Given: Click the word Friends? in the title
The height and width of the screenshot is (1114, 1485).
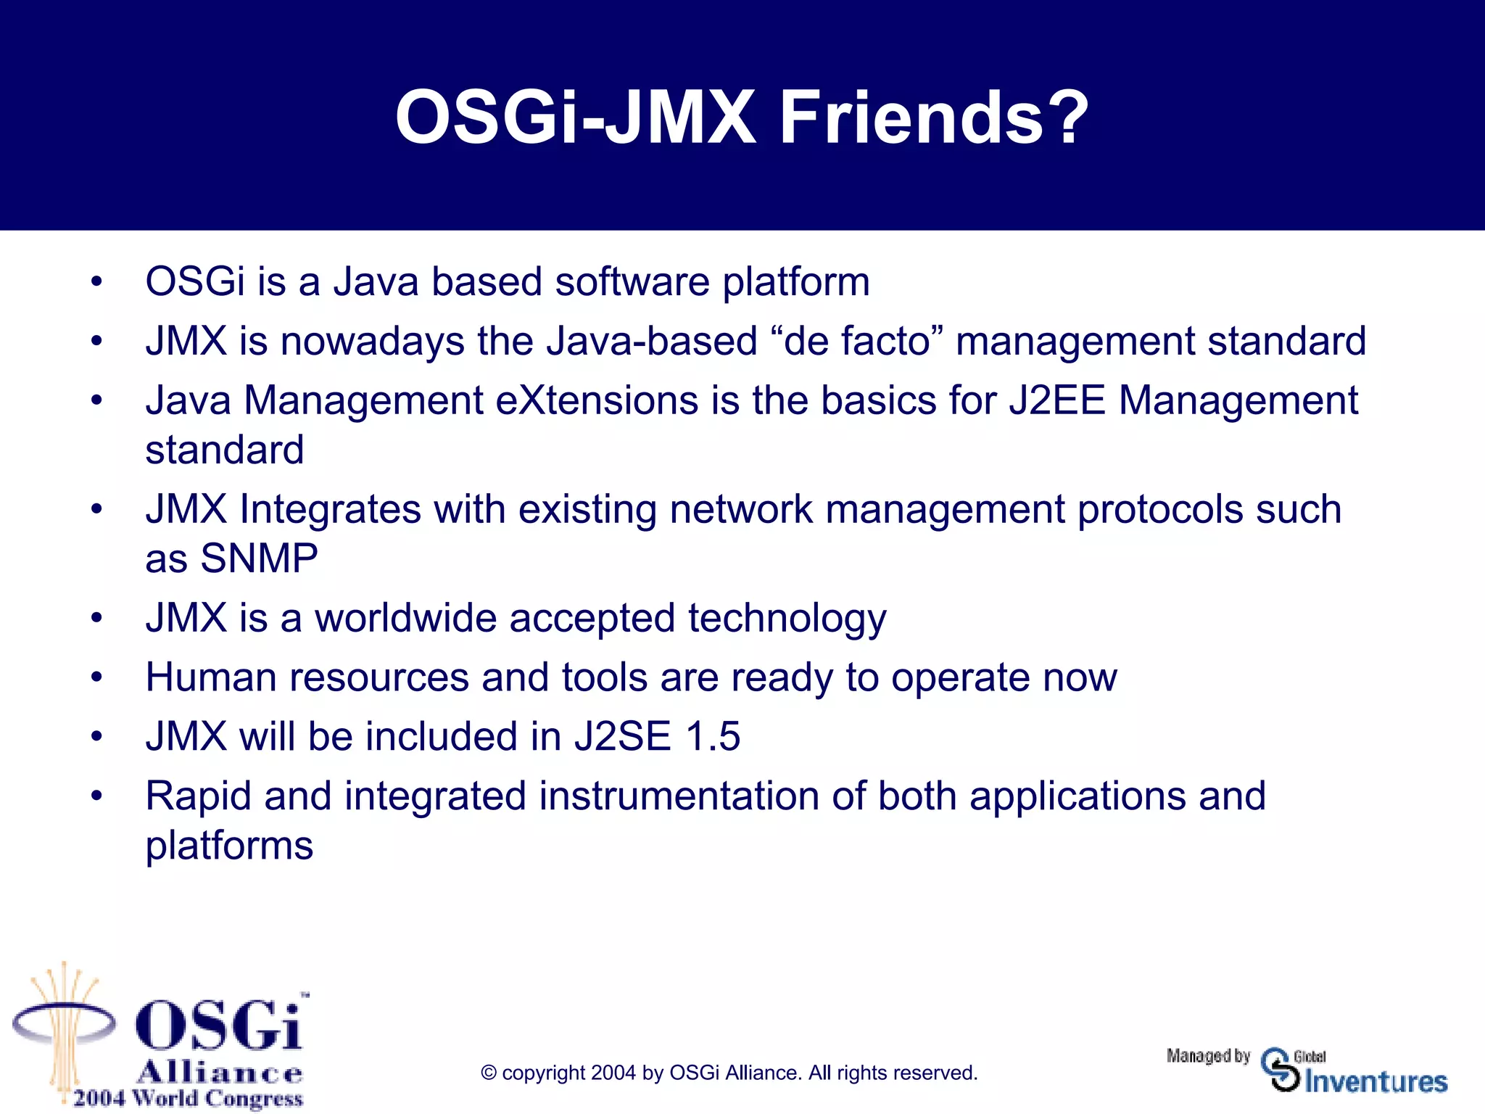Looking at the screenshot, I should coord(933,117).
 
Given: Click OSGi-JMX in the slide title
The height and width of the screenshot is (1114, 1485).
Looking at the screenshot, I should coord(575,117).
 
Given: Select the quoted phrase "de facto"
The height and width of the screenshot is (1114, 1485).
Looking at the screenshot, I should coord(856,341).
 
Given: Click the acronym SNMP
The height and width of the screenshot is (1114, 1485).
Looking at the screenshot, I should coord(259,558).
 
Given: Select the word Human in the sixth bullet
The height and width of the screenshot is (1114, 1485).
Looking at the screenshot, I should coord(211,677).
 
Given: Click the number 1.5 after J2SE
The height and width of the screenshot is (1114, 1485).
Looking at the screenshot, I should coord(712,737).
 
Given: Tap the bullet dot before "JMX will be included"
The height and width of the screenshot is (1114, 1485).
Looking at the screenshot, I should coord(97,738).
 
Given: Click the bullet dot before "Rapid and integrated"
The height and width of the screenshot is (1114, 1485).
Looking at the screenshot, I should coord(97,797).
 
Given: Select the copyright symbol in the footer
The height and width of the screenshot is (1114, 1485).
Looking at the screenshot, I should coord(489,1073).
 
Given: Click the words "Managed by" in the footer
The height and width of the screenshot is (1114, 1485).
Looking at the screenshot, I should coord(1208,1056).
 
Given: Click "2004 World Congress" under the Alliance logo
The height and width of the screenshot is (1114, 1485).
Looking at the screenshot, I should coord(188,1098).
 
